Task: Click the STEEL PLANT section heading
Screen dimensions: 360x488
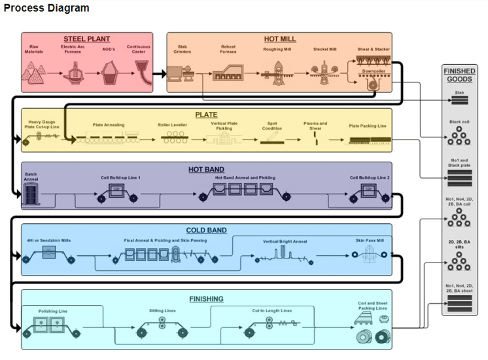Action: pyautogui.click(x=86, y=39)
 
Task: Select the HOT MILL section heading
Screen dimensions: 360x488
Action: pyautogui.click(x=280, y=39)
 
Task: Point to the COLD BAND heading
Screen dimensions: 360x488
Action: pyautogui.click(x=206, y=230)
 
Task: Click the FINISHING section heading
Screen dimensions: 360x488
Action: pyautogui.click(x=206, y=299)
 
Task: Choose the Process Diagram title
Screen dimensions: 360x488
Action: pyautogui.click(x=46, y=9)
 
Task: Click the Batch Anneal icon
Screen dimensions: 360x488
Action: pyautogui.click(x=31, y=194)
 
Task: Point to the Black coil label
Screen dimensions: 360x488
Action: pyautogui.click(x=459, y=122)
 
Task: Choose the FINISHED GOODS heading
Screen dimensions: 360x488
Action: pyautogui.click(x=459, y=75)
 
